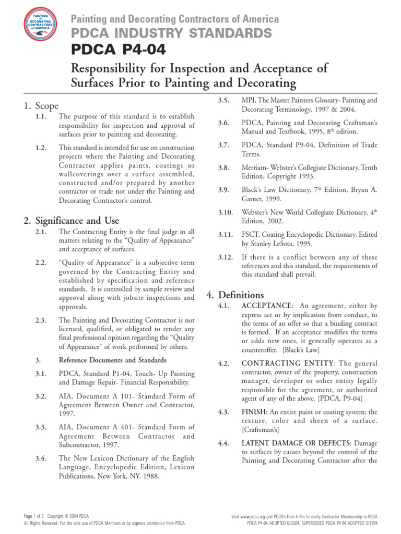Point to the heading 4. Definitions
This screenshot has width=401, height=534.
[x=235, y=295]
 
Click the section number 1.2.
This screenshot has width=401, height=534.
[x=41, y=148]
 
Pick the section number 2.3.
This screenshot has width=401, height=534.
[x=41, y=320]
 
